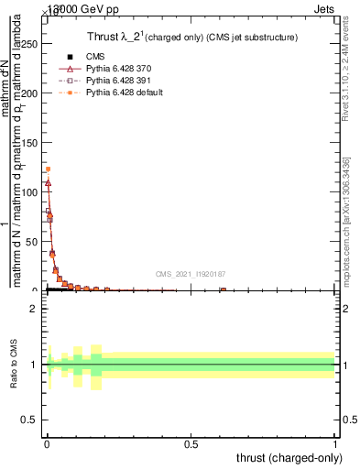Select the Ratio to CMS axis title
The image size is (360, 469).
click(15, 365)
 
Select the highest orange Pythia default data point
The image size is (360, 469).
click(48, 169)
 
